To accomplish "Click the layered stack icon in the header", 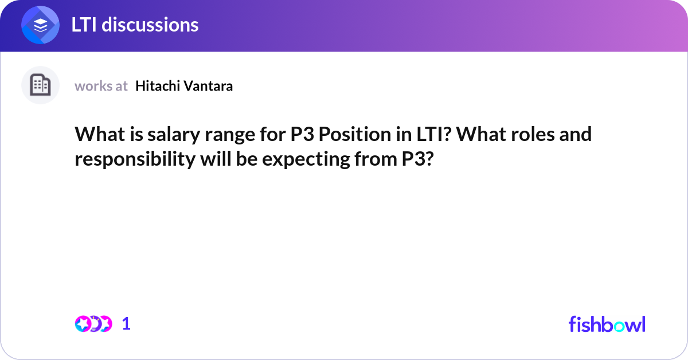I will click(41, 25).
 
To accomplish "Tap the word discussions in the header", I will click(151, 25).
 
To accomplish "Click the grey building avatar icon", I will click(40, 85).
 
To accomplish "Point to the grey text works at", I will click(101, 86).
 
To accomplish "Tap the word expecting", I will click(304, 159).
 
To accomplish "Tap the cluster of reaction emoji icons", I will click(93, 324).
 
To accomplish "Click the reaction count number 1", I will click(126, 324).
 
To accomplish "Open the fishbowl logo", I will click(607, 324).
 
